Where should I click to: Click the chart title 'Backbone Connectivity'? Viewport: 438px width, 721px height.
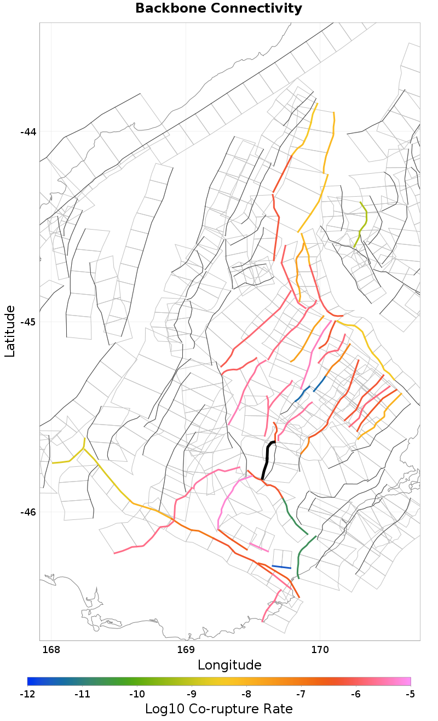click(218, 9)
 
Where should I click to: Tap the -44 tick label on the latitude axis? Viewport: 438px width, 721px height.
click(28, 132)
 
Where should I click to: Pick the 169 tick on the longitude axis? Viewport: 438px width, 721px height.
click(186, 650)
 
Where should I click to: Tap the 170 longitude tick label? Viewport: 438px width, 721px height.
click(320, 650)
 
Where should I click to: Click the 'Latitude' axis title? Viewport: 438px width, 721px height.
click(10, 331)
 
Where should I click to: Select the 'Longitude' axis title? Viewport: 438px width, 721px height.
click(229, 665)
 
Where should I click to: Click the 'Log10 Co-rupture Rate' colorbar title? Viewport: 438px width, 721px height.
click(218, 708)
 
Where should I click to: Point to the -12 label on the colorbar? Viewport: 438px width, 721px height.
click(27, 694)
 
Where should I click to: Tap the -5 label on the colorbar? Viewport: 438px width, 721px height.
click(410, 694)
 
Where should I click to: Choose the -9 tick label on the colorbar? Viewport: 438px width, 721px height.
click(191, 694)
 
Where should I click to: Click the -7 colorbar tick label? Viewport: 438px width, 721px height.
click(301, 694)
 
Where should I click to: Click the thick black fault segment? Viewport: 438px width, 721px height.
click(267, 459)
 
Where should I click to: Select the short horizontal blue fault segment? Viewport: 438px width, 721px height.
click(281, 567)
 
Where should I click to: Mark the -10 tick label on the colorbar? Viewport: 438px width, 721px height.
click(136, 694)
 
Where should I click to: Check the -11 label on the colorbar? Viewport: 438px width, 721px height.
click(82, 694)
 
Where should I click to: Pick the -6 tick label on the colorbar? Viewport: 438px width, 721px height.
click(355, 694)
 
